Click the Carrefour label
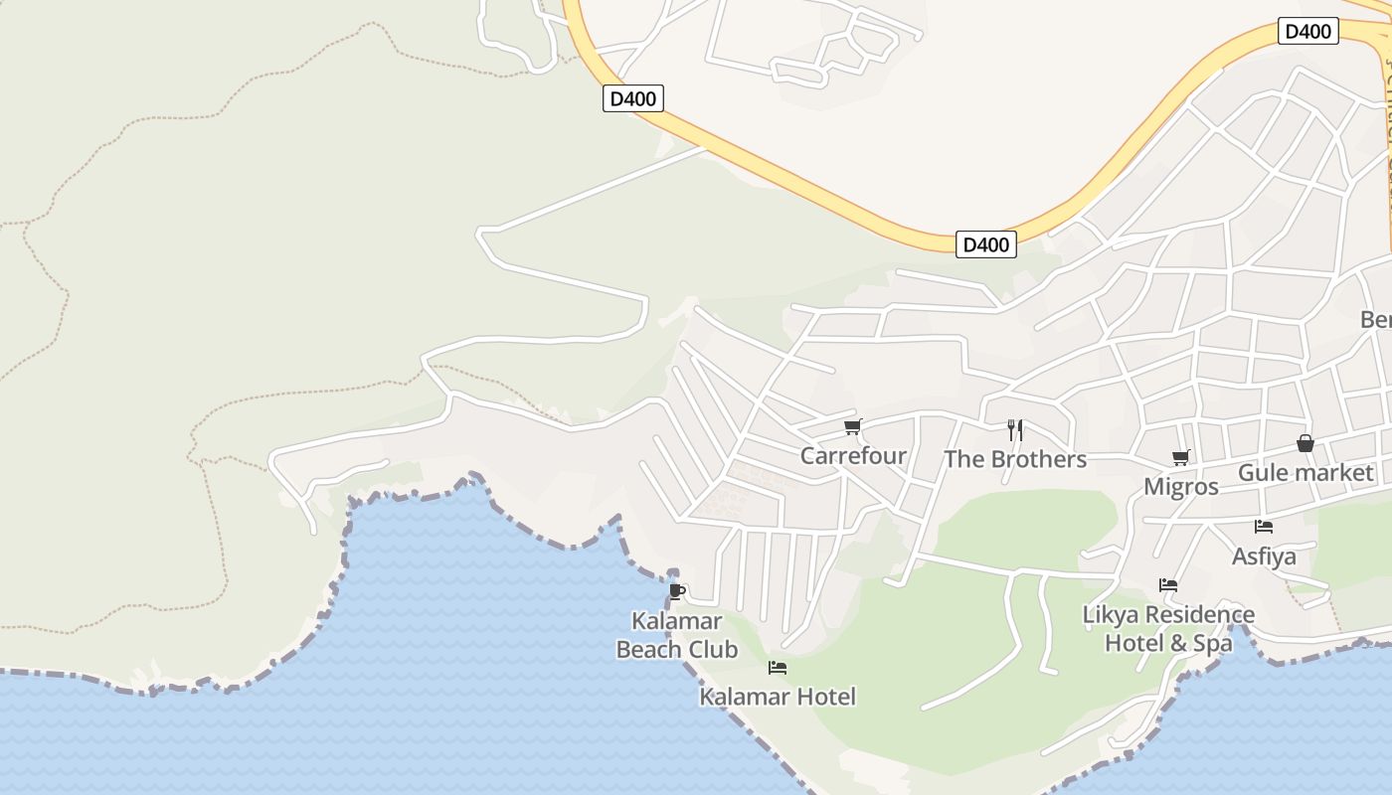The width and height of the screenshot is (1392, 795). tap(853, 456)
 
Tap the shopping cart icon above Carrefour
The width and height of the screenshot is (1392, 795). tap(852, 427)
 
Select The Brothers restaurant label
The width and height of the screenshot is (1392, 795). tap(1014, 459)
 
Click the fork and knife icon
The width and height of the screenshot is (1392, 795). tap(1014, 429)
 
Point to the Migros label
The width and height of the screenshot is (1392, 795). tap(1181, 487)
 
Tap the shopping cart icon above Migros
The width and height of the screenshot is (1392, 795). tap(1181, 458)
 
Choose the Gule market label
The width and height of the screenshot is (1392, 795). tap(1305, 473)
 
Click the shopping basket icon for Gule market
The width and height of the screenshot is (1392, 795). tap(1305, 443)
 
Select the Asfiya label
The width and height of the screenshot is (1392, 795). tap(1264, 556)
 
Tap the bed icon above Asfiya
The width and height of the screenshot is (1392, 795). tap(1264, 527)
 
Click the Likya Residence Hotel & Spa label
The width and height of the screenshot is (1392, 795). tap(1168, 629)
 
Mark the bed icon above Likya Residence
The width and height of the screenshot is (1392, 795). tap(1168, 585)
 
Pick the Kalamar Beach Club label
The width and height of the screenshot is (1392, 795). tap(677, 636)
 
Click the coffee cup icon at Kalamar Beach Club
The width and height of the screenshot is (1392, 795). tap(677, 592)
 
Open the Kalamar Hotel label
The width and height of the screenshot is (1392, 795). tap(778, 697)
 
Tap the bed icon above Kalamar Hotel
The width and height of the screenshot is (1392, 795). tap(778, 668)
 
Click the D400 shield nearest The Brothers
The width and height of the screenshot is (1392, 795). tap(986, 244)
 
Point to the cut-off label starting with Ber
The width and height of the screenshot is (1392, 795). tap(1375, 320)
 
